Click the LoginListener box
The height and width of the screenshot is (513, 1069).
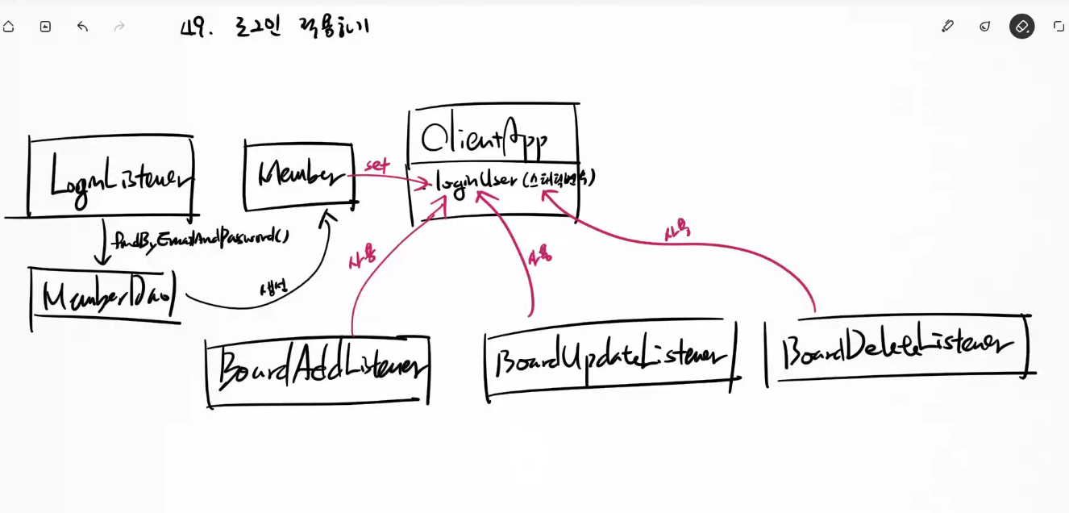click(111, 177)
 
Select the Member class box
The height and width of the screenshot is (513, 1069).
click(299, 176)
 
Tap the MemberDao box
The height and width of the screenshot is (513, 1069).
click(105, 297)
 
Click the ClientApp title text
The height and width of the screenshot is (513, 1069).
click(485, 138)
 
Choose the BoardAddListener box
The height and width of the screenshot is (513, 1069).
click(318, 369)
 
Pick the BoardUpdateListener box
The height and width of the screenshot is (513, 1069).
click(610, 357)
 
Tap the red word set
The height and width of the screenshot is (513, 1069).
click(377, 165)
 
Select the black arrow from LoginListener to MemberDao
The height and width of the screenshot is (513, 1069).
click(103, 242)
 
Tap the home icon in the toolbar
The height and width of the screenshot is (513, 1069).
click(9, 27)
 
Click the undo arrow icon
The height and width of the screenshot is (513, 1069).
click(82, 27)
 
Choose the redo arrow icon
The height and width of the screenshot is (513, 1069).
click(119, 27)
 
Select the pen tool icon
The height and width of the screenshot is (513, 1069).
click(947, 26)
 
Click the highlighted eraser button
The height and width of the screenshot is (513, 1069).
click(1021, 27)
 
